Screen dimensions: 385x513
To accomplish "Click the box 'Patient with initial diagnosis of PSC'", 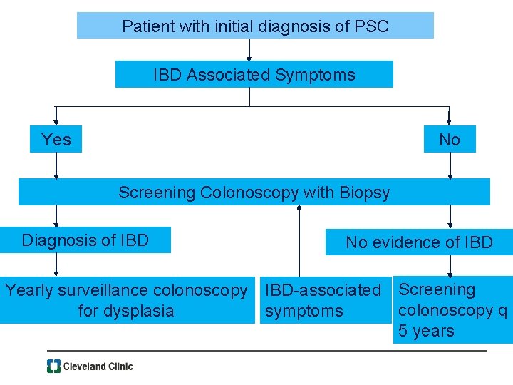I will click(x=255, y=26).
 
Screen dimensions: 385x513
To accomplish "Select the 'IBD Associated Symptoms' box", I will click(x=254, y=74).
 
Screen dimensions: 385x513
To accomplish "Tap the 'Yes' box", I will click(x=56, y=139).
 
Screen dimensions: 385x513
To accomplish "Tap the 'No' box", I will click(x=449, y=140).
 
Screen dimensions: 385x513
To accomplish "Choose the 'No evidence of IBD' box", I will click(x=419, y=242).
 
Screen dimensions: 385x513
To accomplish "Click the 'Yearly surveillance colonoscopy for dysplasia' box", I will click(x=127, y=300).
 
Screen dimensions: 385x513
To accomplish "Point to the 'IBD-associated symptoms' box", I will click(x=323, y=300).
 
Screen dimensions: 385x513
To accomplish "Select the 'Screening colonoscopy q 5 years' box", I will click(x=452, y=310).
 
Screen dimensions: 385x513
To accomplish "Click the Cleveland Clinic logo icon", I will click(x=54, y=366).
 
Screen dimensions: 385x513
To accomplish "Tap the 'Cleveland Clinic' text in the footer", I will click(x=98, y=366).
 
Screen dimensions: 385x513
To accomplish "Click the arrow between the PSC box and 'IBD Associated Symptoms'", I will click(x=249, y=50).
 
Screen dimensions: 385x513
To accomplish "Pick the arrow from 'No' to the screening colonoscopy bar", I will click(x=450, y=165).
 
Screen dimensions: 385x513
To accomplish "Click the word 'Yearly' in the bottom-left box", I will click(x=28, y=290).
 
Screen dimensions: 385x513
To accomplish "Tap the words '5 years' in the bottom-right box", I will click(x=426, y=331).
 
